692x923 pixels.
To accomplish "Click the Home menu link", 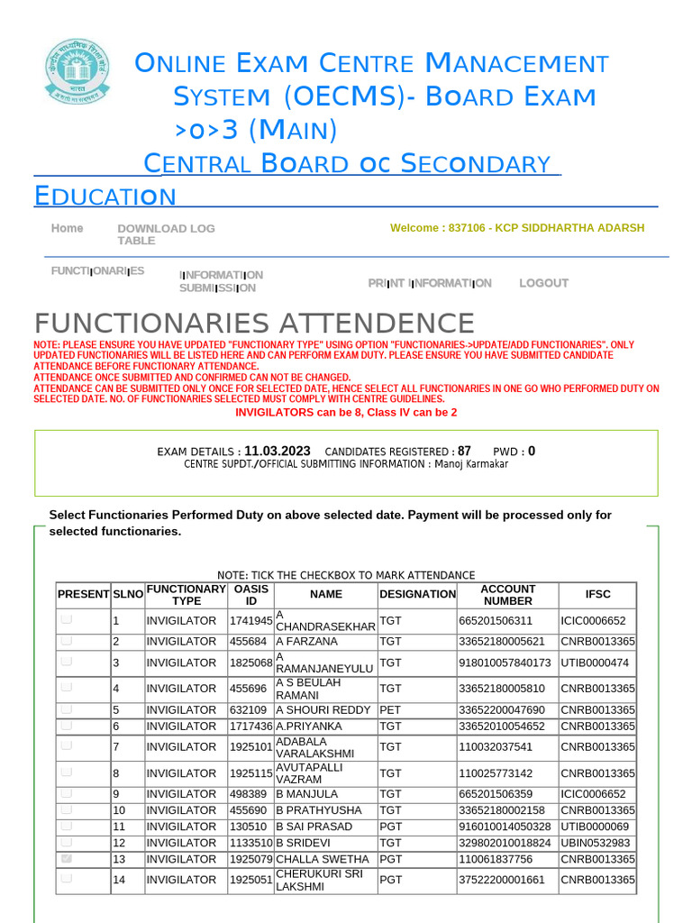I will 67,229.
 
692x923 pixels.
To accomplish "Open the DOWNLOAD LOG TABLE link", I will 166,234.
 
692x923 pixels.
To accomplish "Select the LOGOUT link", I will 543,283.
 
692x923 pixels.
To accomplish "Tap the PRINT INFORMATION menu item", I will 430,283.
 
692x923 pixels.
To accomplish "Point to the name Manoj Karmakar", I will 471,464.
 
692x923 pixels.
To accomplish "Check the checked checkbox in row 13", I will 67,859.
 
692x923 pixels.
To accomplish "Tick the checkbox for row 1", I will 67,620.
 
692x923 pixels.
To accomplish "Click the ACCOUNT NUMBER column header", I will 507,594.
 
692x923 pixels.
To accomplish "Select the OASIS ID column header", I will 250,594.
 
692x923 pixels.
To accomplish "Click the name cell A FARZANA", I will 306,642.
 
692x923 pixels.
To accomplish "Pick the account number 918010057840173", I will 505,663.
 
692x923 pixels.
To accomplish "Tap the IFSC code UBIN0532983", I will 595,843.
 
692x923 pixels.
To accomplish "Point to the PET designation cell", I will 390,710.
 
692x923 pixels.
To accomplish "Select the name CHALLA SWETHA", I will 322,859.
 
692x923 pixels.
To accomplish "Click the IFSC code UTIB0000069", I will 595,827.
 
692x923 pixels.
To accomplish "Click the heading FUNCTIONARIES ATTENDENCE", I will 254,324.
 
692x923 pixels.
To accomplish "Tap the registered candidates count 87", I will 464,451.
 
